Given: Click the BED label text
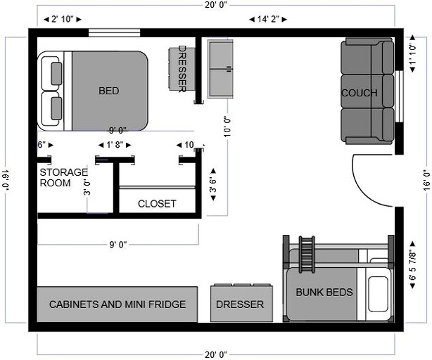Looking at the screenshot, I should (108, 91).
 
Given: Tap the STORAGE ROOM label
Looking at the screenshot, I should (63, 177).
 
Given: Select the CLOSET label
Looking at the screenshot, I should (157, 204).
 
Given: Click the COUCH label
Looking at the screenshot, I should (359, 93).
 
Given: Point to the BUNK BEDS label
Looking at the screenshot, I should (324, 292).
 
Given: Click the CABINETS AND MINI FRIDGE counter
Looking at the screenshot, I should (117, 304).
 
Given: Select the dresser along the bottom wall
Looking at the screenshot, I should (240, 304).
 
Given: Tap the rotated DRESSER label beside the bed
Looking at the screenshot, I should (182, 69).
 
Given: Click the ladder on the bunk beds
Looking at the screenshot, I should (306, 252).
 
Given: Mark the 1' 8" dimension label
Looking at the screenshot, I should (113, 145).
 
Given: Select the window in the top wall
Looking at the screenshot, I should (114, 32).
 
